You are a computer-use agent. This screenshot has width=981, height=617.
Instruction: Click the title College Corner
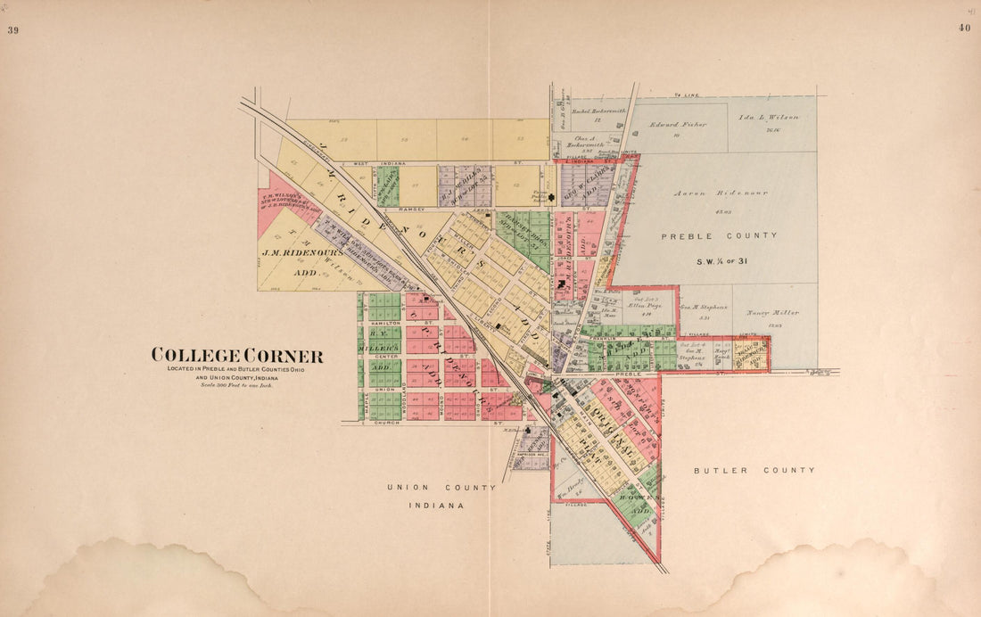[x=237, y=355]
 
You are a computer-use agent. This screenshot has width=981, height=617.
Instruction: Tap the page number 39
[x=13, y=29]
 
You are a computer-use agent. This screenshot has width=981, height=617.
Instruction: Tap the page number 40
[x=964, y=28]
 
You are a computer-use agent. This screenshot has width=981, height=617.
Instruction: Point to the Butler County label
[x=754, y=470]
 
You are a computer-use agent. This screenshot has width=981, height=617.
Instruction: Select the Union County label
[x=441, y=488]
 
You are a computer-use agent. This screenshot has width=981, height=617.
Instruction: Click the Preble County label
[x=719, y=235]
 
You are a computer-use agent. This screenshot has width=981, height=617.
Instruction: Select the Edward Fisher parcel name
[x=677, y=125]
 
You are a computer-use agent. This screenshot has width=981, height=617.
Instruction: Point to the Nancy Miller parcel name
[x=772, y=313]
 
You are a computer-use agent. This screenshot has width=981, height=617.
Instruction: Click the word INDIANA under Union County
[x=437, y=506]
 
